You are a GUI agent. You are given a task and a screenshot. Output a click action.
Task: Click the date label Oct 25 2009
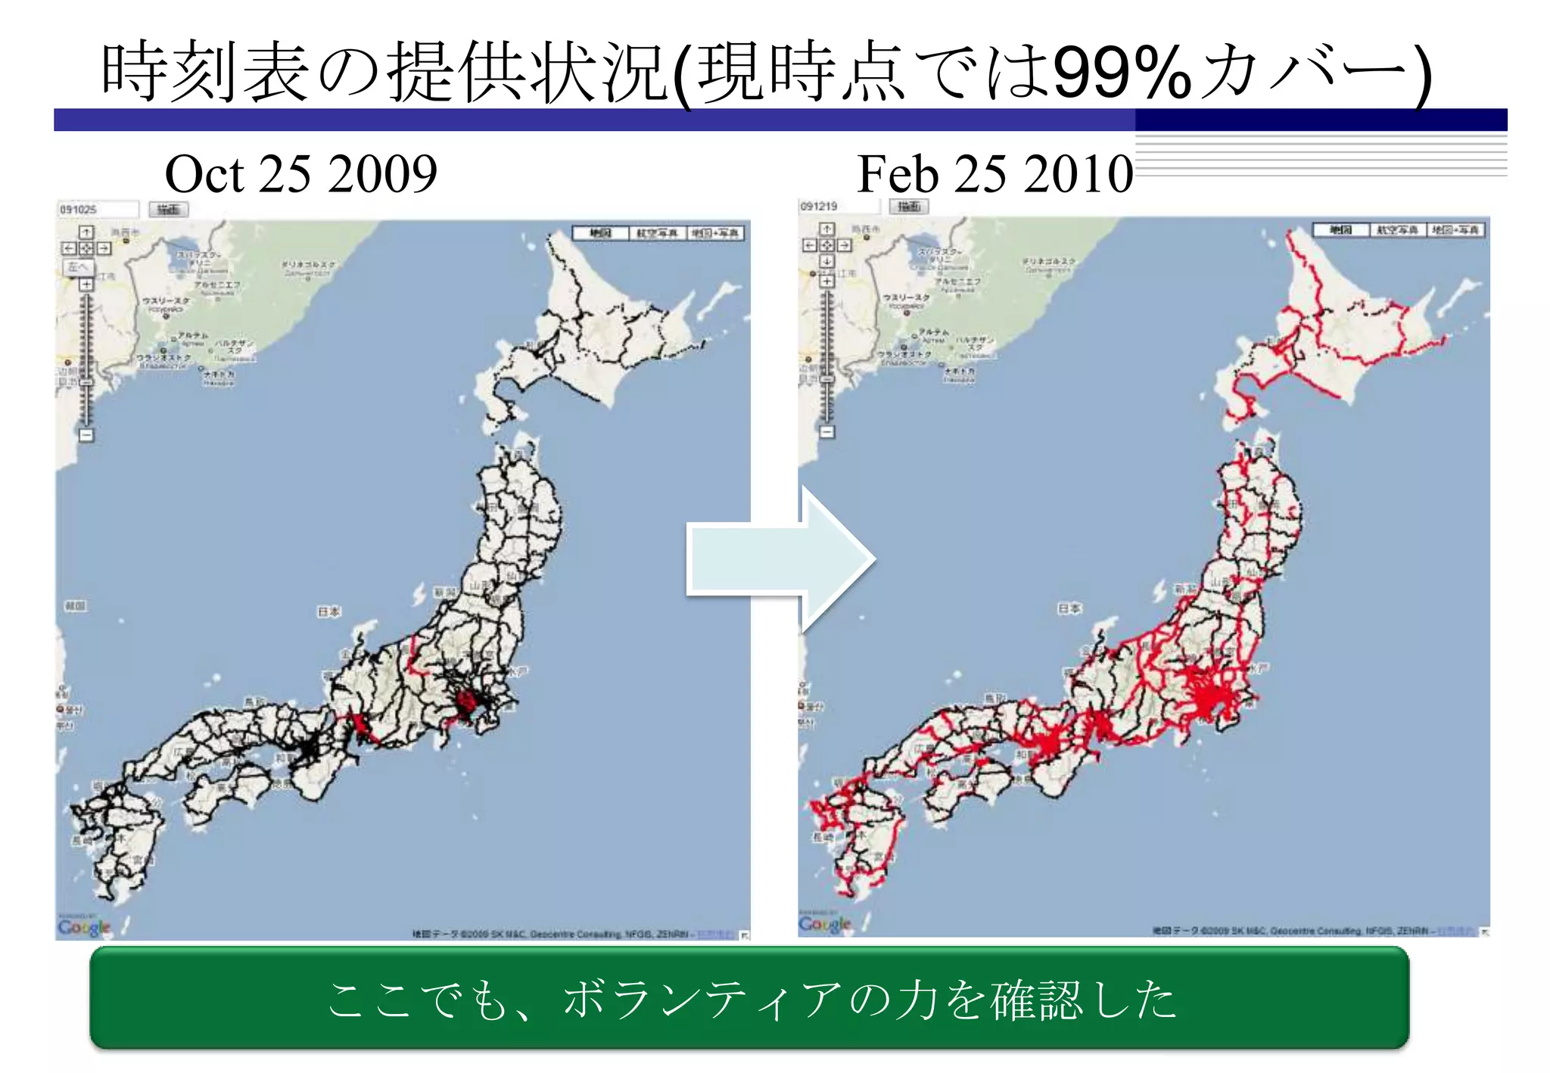point(300,174)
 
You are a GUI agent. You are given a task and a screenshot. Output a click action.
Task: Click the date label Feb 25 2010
point(994,174)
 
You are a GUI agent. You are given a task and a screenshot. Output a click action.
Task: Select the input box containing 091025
point(98,209)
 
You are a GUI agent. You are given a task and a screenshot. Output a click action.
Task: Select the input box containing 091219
point(839,206)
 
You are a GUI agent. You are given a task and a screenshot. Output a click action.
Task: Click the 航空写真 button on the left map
point(657,233)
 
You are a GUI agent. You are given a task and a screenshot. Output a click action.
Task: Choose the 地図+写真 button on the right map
point(1455,230)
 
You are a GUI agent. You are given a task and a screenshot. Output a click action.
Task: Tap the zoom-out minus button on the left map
point(86,435)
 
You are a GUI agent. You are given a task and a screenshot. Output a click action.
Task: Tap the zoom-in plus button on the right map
point(827,281)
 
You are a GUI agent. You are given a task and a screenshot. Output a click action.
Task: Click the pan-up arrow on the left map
point(86,232)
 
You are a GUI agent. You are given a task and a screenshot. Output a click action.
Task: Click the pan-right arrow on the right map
point(844,245)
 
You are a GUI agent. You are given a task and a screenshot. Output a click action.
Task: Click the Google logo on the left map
point(84,927)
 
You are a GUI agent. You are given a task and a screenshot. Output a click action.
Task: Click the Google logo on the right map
point(825,924)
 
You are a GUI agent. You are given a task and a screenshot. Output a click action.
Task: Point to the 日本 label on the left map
point(328,611)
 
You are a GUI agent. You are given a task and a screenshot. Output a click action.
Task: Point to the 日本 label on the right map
point(1069,608)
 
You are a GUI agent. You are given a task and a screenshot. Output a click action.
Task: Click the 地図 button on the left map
point(600,233)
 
